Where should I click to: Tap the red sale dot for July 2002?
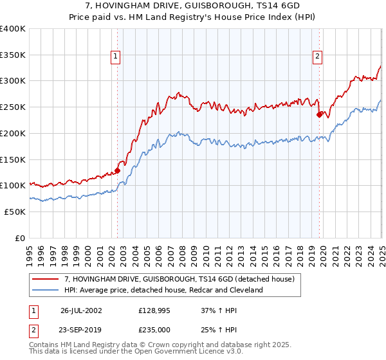pyautogui.click(x=118, y=170)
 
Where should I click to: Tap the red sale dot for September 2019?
pyautogui.click(x=320, y=115)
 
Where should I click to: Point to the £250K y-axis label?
pyautogui.click(x=14, y=107)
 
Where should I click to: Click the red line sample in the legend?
pyautogui.click(x=46, y=279)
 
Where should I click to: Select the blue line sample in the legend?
pyautogui.click(x=46, y=291)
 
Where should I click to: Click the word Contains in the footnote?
pyautogui.click(x=44, y=345)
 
